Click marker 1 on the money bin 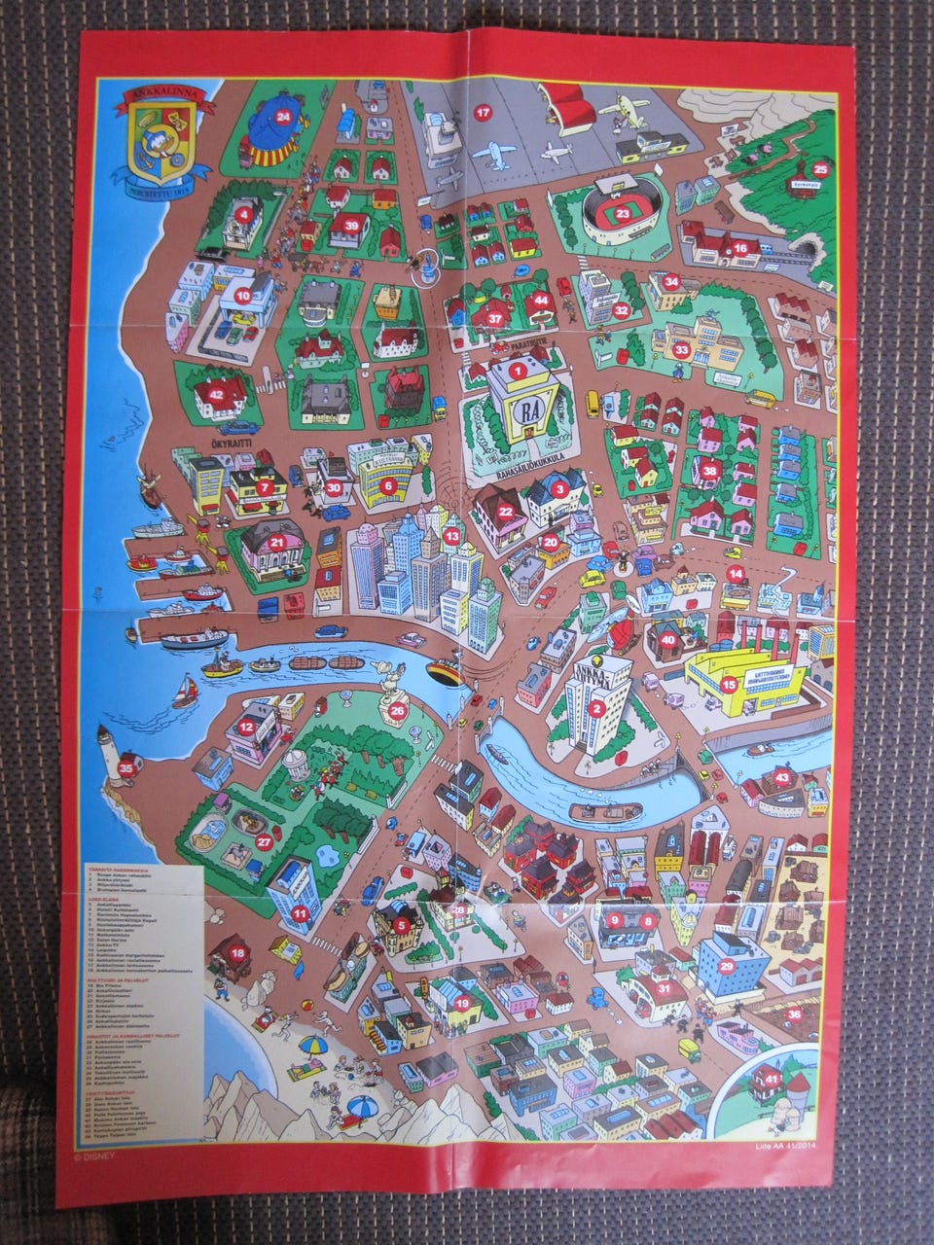tap(519, 370)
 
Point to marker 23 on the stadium tap(622, 213)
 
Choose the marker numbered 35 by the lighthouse tap(126, 768)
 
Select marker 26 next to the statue tap(397, 711)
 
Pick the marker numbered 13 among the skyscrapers tap(450, 535)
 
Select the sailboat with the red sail tap(187, 693)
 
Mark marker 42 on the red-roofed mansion tap(216, 394)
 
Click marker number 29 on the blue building tap(727, 966)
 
